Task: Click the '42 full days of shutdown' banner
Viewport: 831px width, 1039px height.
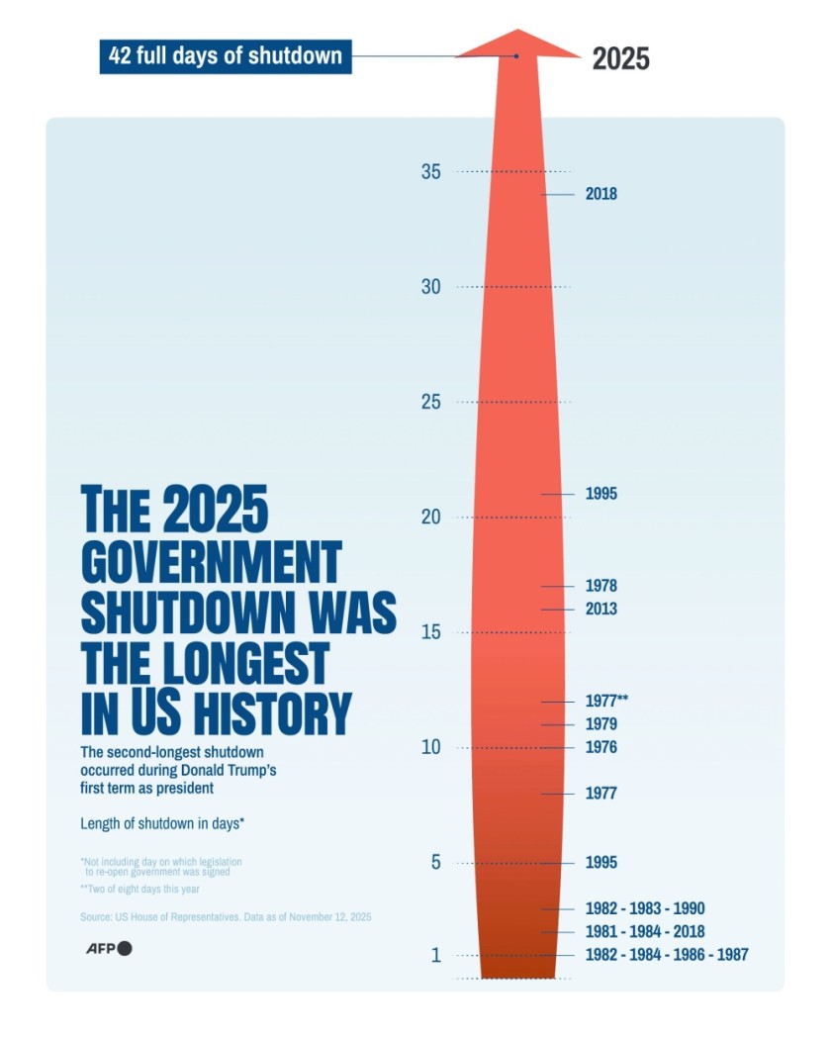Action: pos(226,55)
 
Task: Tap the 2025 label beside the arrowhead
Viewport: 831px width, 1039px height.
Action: pos(620,58)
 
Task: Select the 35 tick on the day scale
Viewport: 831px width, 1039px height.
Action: pos(430,171)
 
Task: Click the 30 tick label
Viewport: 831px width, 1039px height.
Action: pos(430,287)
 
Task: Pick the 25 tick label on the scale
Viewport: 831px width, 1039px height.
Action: pos(430,402)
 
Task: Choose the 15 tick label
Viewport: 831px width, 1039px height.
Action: pos(430,632)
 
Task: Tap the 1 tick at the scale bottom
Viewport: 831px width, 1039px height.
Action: pos(434,955)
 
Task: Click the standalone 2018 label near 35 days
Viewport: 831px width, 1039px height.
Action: pos(600,194)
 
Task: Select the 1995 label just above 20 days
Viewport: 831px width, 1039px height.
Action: pos(600,494)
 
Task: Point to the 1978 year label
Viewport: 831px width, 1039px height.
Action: pos(600,586)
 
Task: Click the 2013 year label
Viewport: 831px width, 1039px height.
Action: pos(600,609)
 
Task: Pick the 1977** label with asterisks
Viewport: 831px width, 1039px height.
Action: pos(606,701)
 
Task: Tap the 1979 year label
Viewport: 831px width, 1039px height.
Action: pos(600,724)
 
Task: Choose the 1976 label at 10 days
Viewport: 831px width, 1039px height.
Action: pos(600,747)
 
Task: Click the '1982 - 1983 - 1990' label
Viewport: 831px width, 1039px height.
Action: pos(644,908)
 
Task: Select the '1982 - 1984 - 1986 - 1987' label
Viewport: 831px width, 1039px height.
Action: pos(666,955)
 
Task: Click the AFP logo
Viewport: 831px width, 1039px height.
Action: pos(106,948)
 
